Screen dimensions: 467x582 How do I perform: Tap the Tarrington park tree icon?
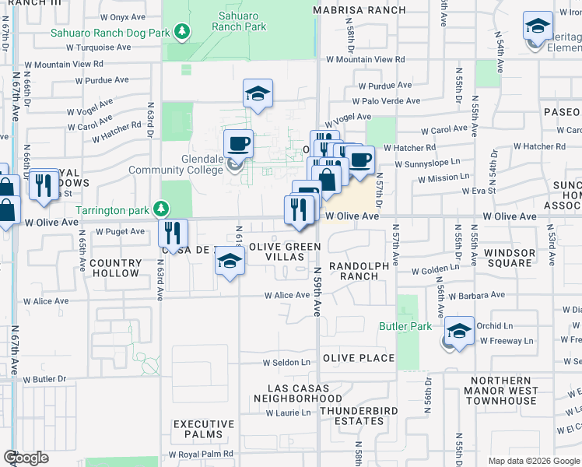161,209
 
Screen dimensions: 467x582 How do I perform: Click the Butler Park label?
405,326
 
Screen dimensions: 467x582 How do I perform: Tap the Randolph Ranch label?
359,271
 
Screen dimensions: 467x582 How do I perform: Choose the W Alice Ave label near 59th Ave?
287,295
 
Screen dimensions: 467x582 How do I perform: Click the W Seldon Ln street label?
286,362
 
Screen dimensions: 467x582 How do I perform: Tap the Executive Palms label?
204,429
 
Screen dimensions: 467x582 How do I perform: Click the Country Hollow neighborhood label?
115,269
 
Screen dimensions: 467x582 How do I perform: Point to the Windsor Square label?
510,258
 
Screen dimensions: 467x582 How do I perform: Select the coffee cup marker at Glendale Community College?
238,143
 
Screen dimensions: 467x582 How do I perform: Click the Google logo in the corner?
26,458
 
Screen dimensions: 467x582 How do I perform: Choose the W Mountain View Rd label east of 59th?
366,59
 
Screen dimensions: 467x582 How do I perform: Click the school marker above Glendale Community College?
258,94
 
